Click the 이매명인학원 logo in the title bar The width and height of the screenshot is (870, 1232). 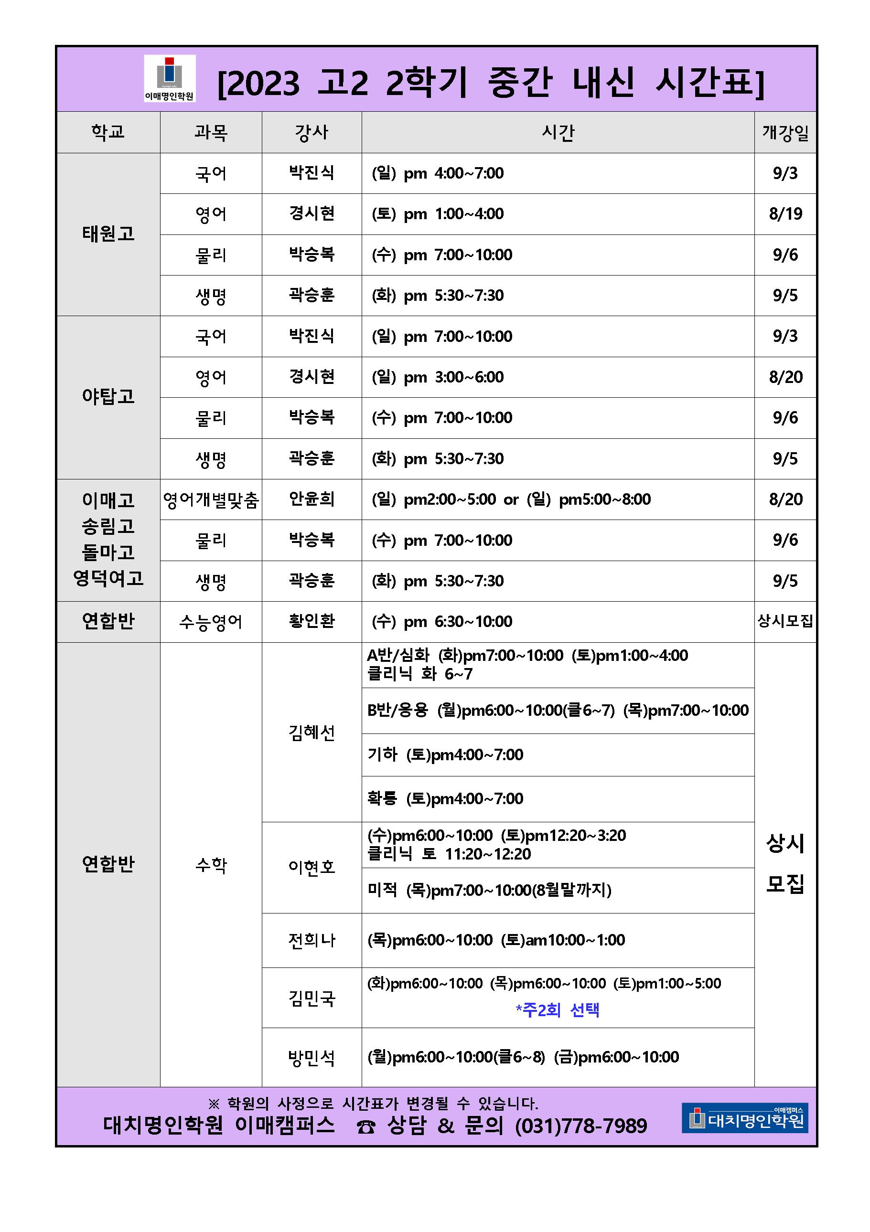click(x=170, y=78)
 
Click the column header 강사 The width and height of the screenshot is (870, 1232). click(x=311, y=133)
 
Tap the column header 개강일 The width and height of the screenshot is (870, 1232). click(x=785, y=133)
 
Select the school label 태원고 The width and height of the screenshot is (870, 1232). click(x=108, y=234)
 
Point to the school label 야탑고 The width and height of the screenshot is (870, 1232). click(x=108, y=397)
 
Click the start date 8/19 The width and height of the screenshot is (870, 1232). click(x=785, y=214)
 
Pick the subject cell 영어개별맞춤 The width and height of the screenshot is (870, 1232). click(x=211, y=500)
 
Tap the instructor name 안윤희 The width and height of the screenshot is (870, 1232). click(x=311, y=499)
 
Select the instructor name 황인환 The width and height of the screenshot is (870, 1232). click(x=311, y=621)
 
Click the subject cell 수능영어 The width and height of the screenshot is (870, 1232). click(x=211, y=622)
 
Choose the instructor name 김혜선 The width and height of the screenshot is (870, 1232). click(x=311, y=733)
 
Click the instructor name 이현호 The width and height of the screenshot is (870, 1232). click(x=311, y=867)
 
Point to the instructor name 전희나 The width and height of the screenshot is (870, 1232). click(x=311, y=940)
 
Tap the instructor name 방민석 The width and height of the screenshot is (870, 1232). click(x=311, y=1058)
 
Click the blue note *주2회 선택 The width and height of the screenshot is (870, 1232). click(x=558, y=1010)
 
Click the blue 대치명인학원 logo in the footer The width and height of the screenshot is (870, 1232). click(x=744, y=1118)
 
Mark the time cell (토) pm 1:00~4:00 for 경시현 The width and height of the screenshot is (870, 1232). click(x=438, y=214)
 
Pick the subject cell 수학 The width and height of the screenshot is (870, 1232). click(x=211, y=865)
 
